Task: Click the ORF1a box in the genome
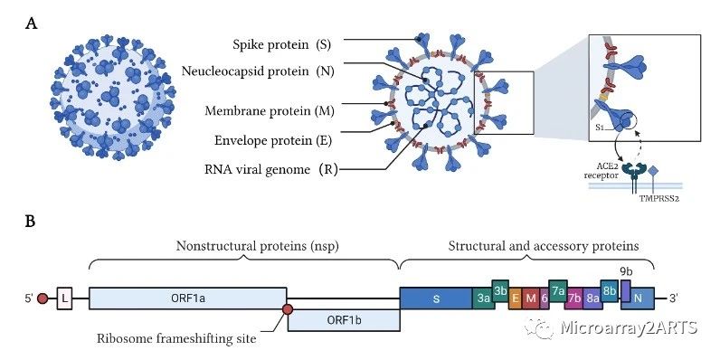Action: click(x=188, y=298)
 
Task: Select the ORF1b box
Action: click(x=344, y=319)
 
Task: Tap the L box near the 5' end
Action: click(x=65, y=298)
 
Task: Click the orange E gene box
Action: click(x=516, y=298)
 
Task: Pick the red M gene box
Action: click(x=531, y=298)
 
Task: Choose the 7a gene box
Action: click(x=558, y=290)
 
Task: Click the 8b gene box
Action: click(x=610, y=290)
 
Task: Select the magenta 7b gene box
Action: click(x=575, y=298)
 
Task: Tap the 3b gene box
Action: click(x=500, y=290)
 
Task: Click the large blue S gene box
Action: click(x=436, y=298)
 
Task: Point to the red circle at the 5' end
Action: click(x=43, y=298)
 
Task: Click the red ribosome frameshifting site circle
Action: click(x=288, y=309)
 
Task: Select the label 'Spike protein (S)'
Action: click(x=282, y=45)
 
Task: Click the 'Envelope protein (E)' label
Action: click(x=273, y=140)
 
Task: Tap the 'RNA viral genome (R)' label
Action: click(x=271, y=170)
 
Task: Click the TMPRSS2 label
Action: click(x=658, y=200)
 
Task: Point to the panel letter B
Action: click(x=31, y=222)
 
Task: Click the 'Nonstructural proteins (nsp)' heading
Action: click(x=257, y=247)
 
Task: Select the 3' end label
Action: click(x=674, y=298)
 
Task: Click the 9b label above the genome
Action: click(x=626, y=272)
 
